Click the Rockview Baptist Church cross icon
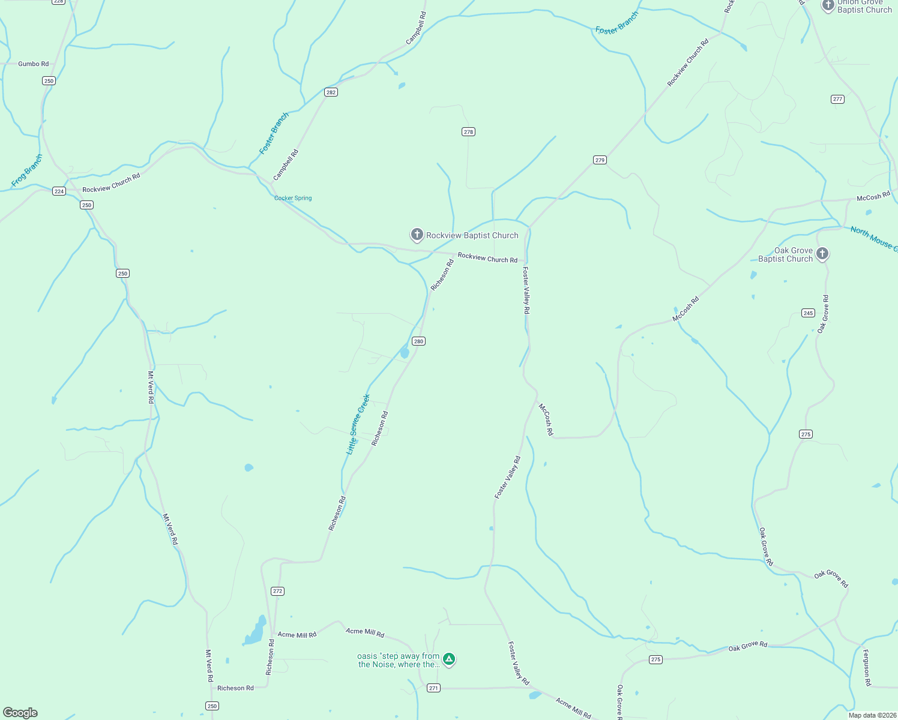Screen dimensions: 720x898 (417, 235)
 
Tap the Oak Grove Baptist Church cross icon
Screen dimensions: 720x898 (822, 253)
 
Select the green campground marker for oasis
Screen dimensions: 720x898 (448, 659)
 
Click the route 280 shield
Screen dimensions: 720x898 (418, 341)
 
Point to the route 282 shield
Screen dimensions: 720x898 (331, 92)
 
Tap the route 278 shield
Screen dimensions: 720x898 (468, 132)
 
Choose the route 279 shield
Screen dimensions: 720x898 (600, 160)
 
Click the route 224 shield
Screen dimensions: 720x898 (59, 191)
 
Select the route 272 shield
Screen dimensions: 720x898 (277, 591)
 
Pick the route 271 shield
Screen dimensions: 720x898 (433, 688)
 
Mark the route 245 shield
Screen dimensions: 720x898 (808, 313)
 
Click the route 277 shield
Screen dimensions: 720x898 (838, 100)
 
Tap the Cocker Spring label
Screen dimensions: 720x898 (293, 199)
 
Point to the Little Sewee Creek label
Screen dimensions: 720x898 (358, 424)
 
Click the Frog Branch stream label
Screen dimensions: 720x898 (27, 170)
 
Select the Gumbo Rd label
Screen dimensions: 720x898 (34, 64)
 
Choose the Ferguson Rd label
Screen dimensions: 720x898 (866, 667)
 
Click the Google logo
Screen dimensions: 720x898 (20, 713)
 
